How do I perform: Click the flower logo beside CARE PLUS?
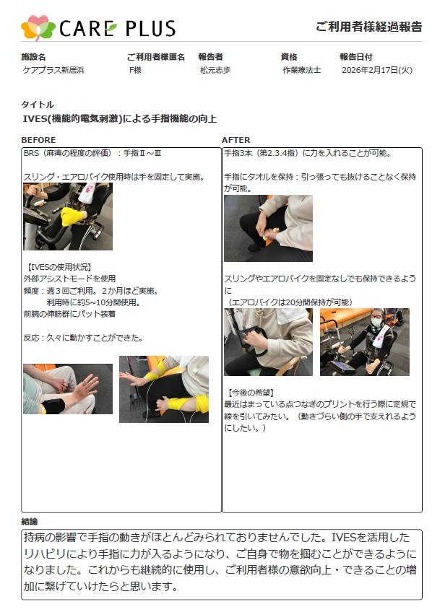38,27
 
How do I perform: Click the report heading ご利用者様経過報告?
369,27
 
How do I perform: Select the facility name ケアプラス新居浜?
53,70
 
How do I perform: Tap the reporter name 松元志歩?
215,70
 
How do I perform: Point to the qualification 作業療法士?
302,70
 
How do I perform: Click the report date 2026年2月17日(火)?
377,70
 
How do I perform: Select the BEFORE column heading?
38,140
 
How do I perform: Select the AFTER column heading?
236,140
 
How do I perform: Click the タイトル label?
38,105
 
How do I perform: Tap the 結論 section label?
30,522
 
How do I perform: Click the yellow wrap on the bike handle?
71,217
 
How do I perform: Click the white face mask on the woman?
376,323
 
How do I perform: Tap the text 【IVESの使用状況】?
59,267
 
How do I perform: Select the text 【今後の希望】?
251,393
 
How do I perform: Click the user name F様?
135,70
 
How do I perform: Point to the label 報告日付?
356,57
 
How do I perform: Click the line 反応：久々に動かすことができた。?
83,338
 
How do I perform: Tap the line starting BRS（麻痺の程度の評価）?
92,153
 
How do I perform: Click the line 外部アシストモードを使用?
69,279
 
